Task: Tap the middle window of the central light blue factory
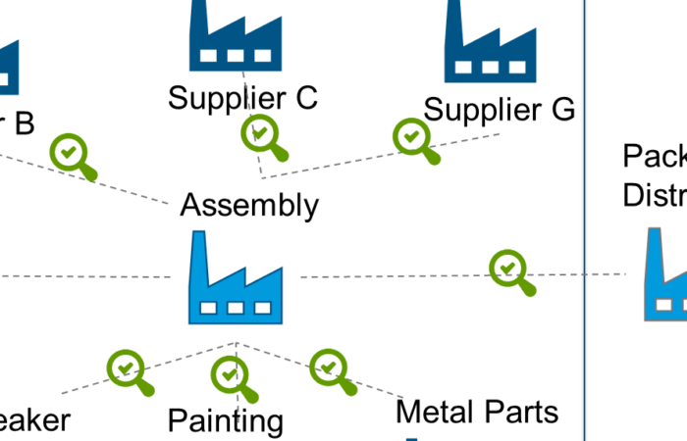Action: click(x=236, y=308)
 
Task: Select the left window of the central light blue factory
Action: click(x=208, y=308)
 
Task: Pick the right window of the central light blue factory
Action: click(x=263, y=308)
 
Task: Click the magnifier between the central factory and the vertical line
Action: click(x=507, y=268)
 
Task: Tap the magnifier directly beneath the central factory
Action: click(x=230, y=373)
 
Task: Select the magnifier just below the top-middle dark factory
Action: click(x=260, y=132)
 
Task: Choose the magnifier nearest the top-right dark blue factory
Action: click(x=412, y=136)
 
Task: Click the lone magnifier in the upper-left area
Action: click(x=69, y=152)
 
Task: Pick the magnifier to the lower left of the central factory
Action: click(x=126, y=367)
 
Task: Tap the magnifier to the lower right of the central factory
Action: click(x=328, y=367)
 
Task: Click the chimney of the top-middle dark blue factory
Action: click(x=199, y=20)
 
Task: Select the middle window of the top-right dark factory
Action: click(x=490, y=68)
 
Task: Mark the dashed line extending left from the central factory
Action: click(x=88, y=276)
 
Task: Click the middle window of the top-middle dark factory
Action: click(x=236, y=56)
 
